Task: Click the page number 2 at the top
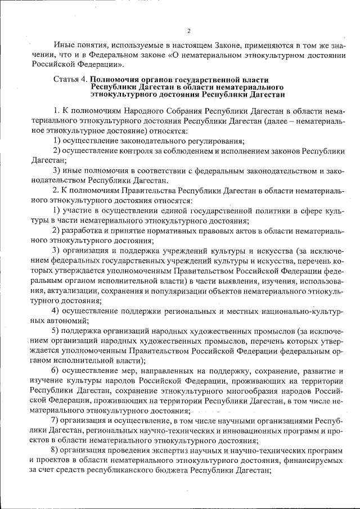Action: point(189,30)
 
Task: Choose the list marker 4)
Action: point(57,310)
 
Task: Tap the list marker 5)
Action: point(57,330)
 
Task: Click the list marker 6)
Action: point(57,370)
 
